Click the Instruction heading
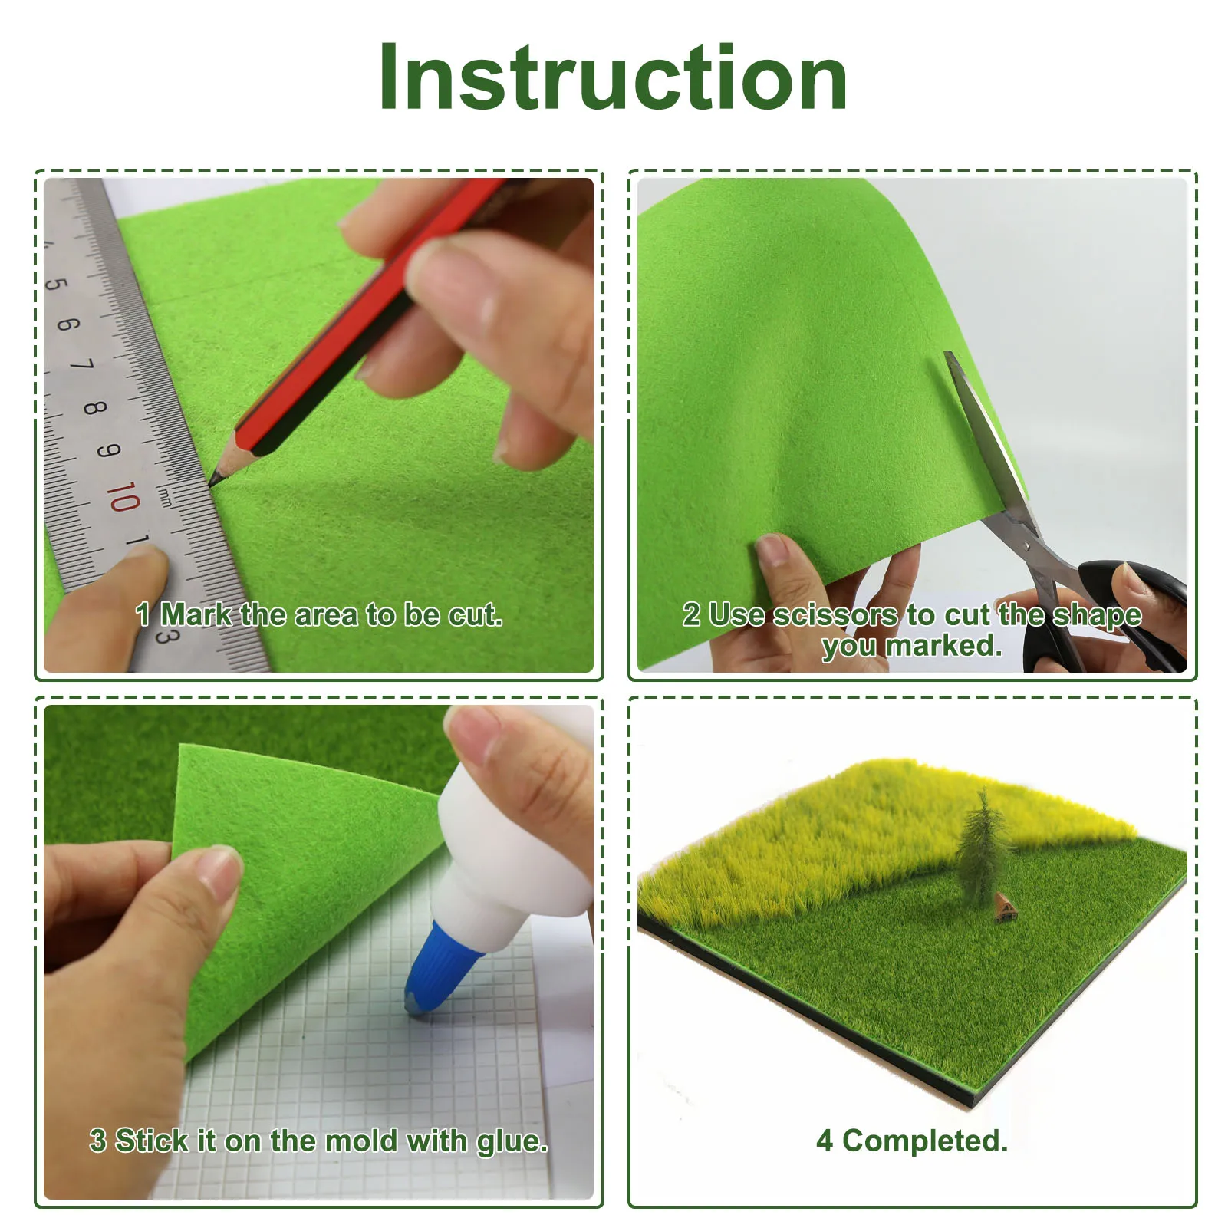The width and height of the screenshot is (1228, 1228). (x=614, y=77)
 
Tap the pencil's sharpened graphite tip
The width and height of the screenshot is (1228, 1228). (x=212, y=482)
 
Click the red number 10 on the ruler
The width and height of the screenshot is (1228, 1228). (x=123, y=498)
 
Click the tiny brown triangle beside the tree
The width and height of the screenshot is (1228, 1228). (x=1006, y=907)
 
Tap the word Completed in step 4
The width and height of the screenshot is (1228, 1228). (x=925, y=1141)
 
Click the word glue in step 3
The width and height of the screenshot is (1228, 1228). (x=512, y=1142)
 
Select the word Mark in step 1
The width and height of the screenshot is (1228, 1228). (x=196, y=614)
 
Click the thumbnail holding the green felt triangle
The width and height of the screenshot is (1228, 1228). (x=219, y=876)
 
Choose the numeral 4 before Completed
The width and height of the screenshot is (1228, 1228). (x=825, y=1141)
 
